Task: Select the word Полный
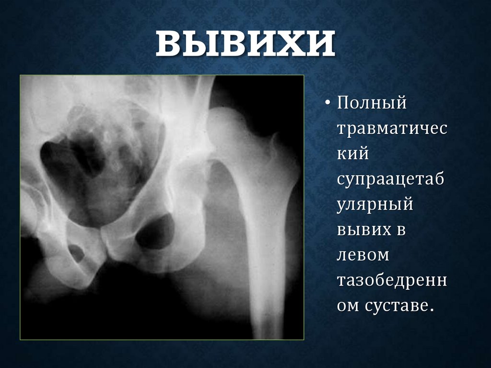371,104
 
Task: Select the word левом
363,255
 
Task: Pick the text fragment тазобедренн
391,280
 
